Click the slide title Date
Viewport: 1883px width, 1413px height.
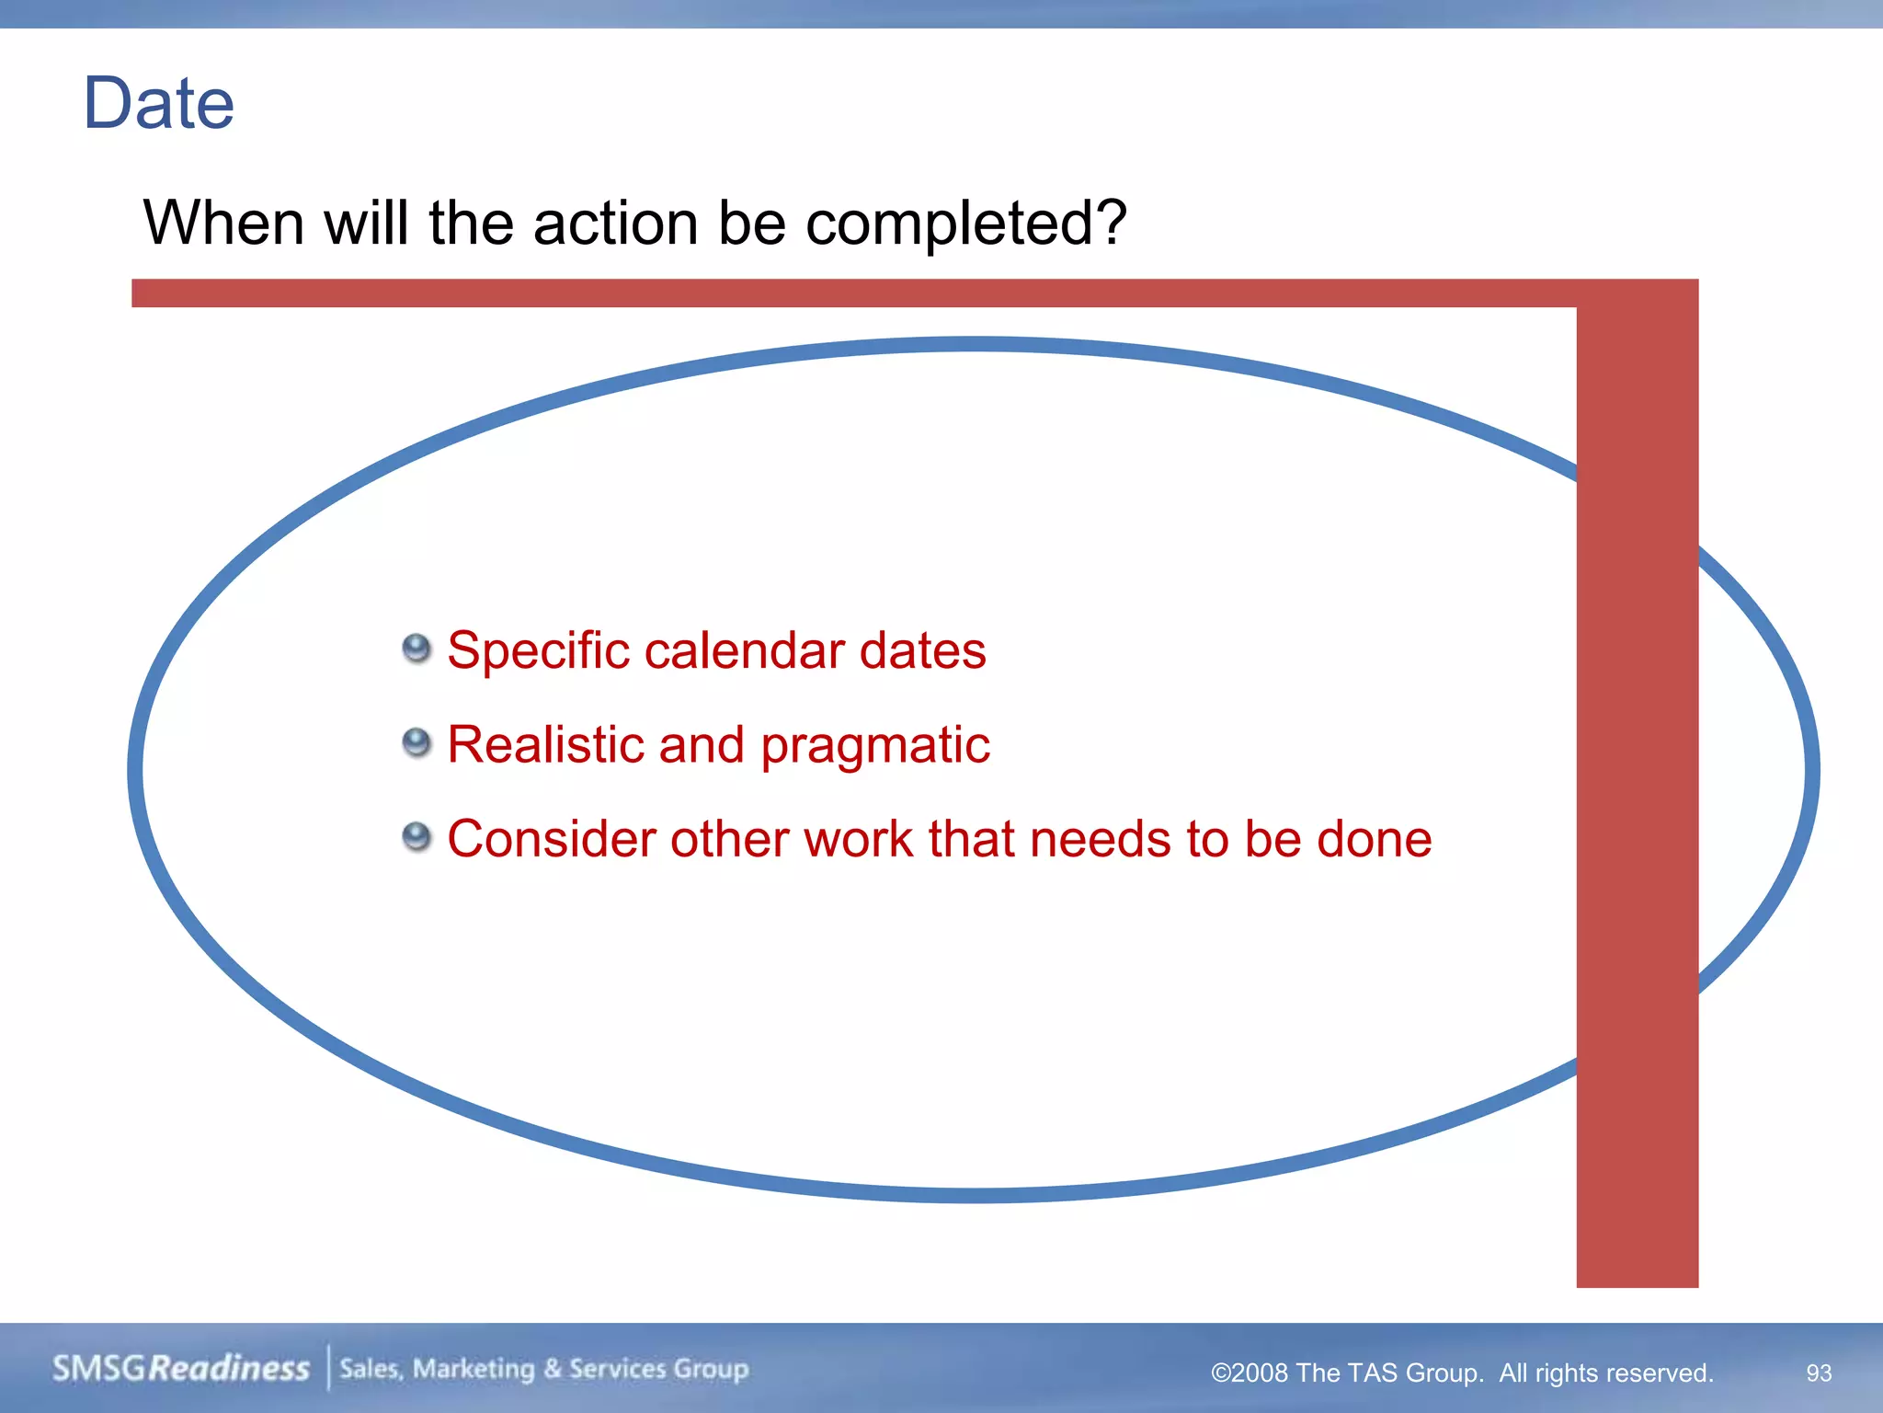pyautogui.click(x=158, y=103)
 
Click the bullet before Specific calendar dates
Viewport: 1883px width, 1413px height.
pyautogui.click(x=417, y=649)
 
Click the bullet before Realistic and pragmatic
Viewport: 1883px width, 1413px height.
pyautogui.click(x=417, y=742)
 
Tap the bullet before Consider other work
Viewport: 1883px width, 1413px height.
pyautogui.click(x=417, y=837)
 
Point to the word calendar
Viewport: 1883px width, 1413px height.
pyautogui.click(x=744, y=650)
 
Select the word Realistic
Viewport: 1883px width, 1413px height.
pyautogui.click(x=543, y=744)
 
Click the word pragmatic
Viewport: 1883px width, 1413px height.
pyautogui.click(x=875, y=746)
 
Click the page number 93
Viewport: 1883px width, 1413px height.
pyautogui.click(x=1819, y=1373)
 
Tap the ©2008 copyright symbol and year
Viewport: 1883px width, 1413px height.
pyautogui.click(x=1250, y=1373)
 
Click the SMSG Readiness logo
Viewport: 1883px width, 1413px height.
pyautogui.click(x=181, y=1368)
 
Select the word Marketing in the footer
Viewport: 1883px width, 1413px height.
pyautogui.click(x=474, y=1369)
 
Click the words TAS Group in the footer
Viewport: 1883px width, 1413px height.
pyautogui.click(x=1410, y=1373)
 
